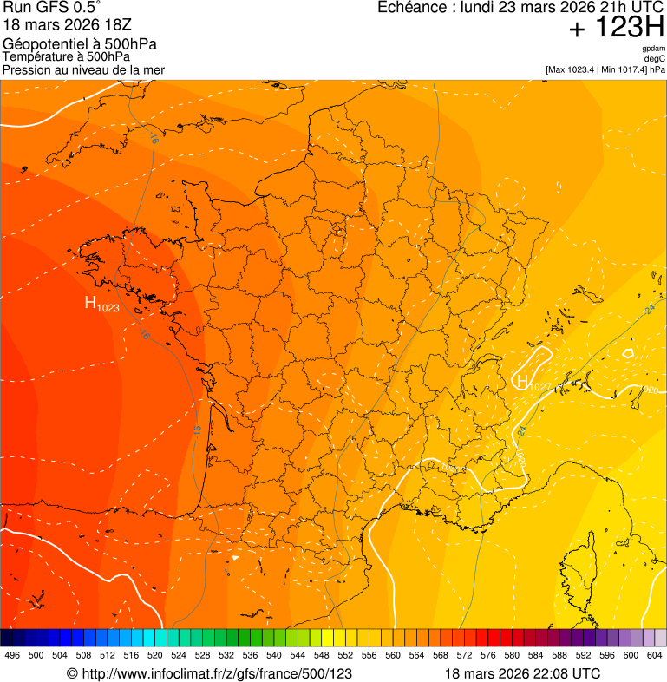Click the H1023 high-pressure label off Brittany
click(101, 304)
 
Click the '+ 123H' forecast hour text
click(616, 29)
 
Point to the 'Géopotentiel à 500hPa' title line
click(80, 44)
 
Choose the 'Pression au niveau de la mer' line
click(83, 69)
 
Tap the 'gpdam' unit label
click(654, 49)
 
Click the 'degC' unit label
click(655, 59)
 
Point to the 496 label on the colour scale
click(12, 655)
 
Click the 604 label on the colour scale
click(654, 655)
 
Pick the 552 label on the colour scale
click(345, 655)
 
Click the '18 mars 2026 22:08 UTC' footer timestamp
click(522, 673)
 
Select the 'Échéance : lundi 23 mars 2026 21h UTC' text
click(520, 8)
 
